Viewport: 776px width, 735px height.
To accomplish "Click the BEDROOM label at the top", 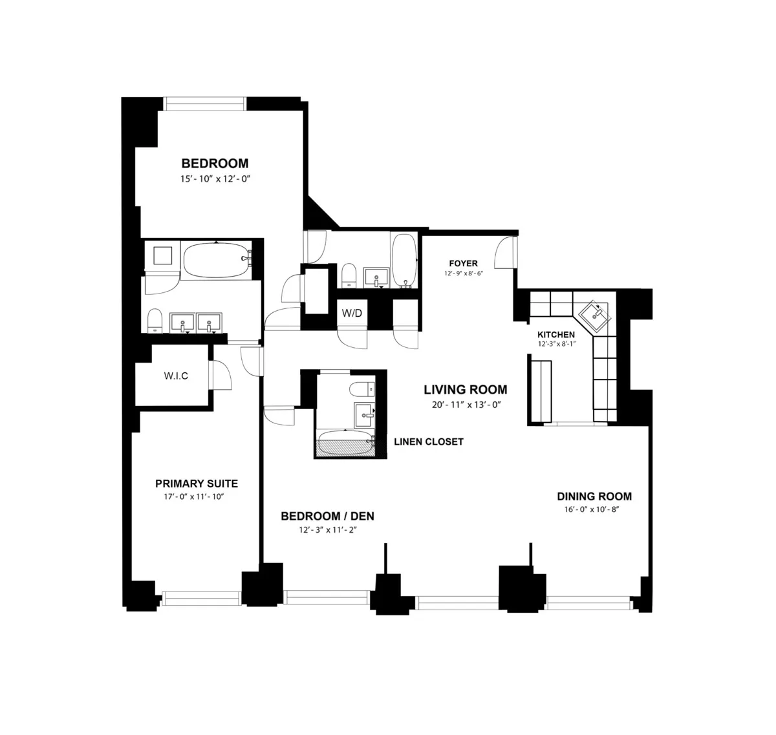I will (215, 164).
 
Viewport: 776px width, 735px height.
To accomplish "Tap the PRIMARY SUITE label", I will (197, 484).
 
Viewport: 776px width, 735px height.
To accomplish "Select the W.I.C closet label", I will (175, 376).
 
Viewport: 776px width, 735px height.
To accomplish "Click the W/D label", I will (352, 314).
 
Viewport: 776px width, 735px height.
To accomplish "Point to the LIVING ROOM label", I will (465, 390).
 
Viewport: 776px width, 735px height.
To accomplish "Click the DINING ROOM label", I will (594, 496).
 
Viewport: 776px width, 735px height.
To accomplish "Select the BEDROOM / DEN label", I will (327, 516).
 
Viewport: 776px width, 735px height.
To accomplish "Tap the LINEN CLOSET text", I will (429, 442).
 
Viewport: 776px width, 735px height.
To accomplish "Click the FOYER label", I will (464, 263).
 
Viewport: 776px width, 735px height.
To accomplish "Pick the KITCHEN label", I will (556, 334).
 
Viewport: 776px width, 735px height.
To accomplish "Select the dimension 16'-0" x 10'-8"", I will (594, 509).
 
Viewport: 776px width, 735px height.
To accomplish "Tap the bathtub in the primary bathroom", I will (216, 260).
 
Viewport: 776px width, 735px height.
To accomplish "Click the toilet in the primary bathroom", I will (155, 321).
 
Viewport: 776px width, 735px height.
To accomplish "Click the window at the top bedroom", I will (204, 103).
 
